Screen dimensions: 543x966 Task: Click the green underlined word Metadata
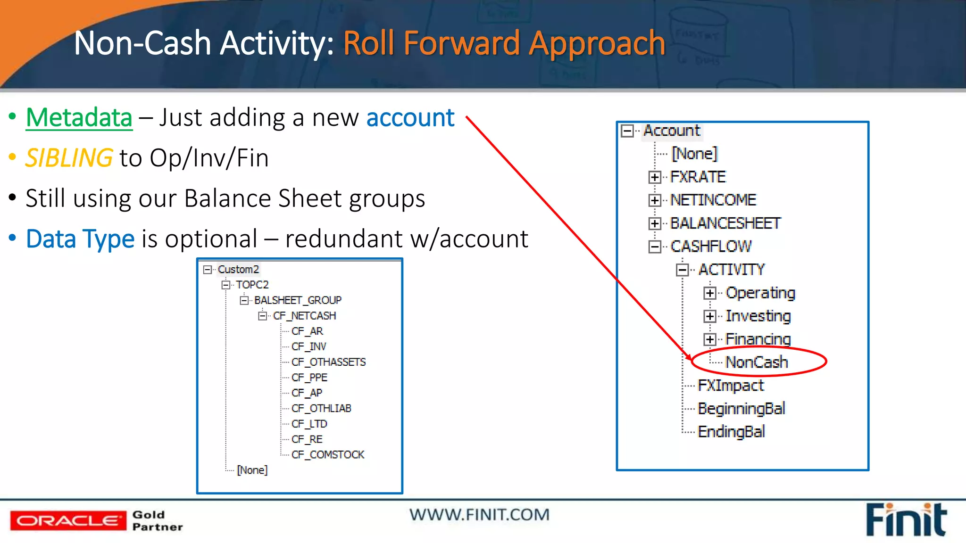coord(79,117)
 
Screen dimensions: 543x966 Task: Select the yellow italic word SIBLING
coord(69,158)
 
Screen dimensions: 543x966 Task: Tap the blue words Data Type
coord(80,239)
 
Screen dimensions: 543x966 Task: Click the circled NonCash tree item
coord(757,362)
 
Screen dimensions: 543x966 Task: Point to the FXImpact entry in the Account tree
coord(731,386)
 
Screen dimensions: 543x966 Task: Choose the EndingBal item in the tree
coord(731,432)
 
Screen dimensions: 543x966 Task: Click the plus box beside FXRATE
coord(654,177)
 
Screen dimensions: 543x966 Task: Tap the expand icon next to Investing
coord(710,316)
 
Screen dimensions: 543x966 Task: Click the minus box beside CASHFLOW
coord(654,247)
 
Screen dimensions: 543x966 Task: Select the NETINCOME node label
coord(713,200)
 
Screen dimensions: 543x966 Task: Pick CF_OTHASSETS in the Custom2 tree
coord(328,362)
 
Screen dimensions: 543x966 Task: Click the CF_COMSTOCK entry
coord(328,455)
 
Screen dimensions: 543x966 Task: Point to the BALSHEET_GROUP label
coord(298,300)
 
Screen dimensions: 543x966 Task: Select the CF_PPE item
coord(309,378)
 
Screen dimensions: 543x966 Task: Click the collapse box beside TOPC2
coord(226,285)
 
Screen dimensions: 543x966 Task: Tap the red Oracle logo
coord(68,521)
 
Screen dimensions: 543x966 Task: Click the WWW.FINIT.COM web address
coord(479,515)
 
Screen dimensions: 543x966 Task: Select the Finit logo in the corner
coord(906,520)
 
